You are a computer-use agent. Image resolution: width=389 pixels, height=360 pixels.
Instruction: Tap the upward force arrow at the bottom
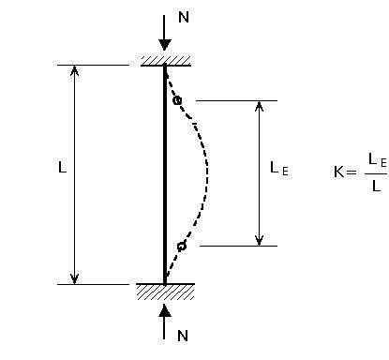pos(165,319)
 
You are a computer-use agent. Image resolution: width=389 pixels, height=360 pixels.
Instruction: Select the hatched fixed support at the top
pos(166,60)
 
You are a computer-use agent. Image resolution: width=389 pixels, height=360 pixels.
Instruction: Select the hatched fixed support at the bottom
pos(165,291)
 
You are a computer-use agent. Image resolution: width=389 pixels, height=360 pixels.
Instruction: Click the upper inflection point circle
pos(177,100)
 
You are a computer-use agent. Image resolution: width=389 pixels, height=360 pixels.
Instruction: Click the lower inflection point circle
pos(181,246)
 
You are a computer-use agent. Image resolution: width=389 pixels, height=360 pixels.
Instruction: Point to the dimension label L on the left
pos(62,170)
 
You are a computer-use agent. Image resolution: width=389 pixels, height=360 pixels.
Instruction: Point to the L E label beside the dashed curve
pos(279,168)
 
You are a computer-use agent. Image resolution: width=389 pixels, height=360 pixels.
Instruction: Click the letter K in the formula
pos(338,172)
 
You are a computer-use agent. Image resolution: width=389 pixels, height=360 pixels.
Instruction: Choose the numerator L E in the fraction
pos(377,160)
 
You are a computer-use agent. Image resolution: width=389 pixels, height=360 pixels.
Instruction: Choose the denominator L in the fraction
pos(375,186)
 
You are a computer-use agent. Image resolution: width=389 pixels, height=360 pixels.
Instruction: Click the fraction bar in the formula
pos(375,173)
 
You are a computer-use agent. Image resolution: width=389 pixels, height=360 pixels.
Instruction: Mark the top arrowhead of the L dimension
pos(75,70)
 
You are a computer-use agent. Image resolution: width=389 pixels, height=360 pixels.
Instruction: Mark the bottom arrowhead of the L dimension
pos(75,277)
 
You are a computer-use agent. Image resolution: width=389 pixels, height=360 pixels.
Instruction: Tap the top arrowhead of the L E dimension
pos(260,106)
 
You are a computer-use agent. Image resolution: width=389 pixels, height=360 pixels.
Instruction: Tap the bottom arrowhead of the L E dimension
pos(260,240)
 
